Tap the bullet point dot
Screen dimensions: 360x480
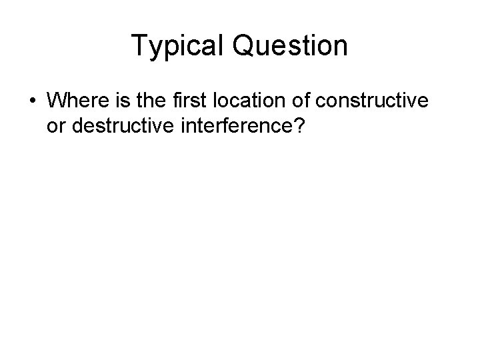pos(33,101)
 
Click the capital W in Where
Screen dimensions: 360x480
pos(55,101)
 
